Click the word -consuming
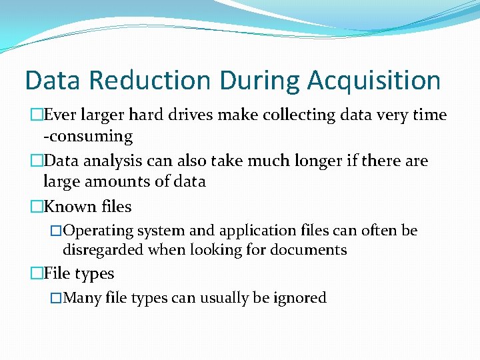(88, 137)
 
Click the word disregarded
(103, 250)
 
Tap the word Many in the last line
(81, 298)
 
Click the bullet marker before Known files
(36, 207)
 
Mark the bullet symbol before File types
(36, 274)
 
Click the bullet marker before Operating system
(57, 231)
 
